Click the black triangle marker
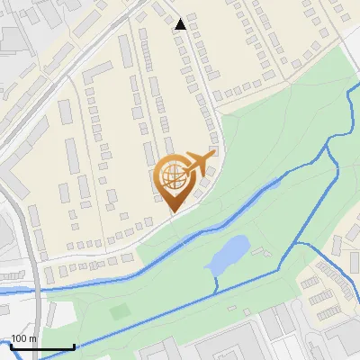[x=181, y=24]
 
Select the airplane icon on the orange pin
[x=199, y=163]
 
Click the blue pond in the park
[x=229, y=256]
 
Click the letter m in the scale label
[x=33, y=338]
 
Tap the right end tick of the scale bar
[x=74, y=346]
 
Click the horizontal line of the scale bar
[x=40, y=347]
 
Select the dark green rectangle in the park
[x=121, y=311]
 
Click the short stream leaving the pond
[x=216, y=281]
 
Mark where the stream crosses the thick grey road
[x=35, y=290]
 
